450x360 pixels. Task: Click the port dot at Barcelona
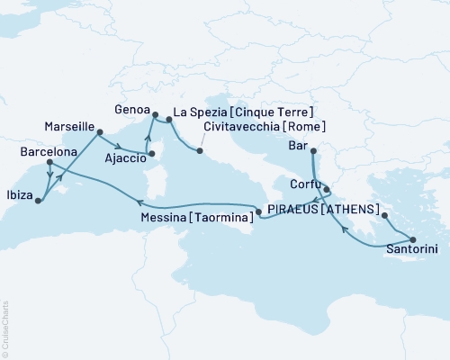coord(48,164)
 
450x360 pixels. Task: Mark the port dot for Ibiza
coord(38,201)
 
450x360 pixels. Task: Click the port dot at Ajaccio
coord(151,154)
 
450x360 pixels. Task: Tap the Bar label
coord(297,145)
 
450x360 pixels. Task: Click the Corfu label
coord(303,182)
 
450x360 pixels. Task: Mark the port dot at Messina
coord(259,212)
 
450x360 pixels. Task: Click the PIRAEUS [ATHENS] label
coord(321,210)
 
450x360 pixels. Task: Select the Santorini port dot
coord(413,238)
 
